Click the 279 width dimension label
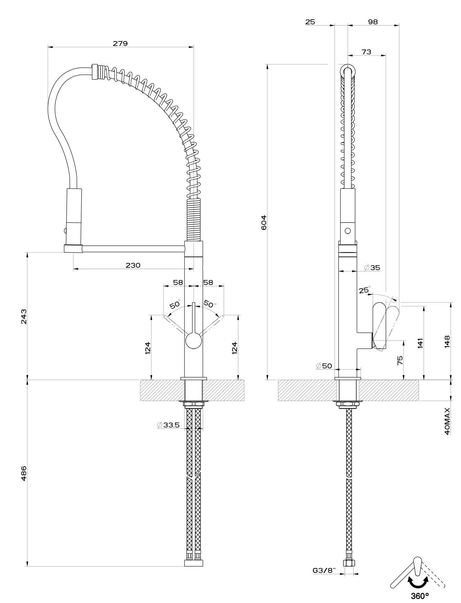pyautogui.click(x=120, y=43)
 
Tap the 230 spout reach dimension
pyautogui.click(x=133, y=265)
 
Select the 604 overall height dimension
pyautogui.click(x=264, y=222)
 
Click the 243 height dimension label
pyautogui.click(x=24, y=317)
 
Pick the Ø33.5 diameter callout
pyautogui.click(x=168, y=425)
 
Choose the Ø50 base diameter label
pyautogui.click(x=324, y=366)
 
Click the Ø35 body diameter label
pyautogui.click(x=372, y=268)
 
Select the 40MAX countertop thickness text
pyautogui.click(x=447, y=421)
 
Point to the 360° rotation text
pyautogui.click(x=420, y=595)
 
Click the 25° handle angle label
pyautogui.click(x=364, y=290)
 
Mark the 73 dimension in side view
pyautogui.click(x=367, y=52)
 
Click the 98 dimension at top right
pyautogui.click(x=373, y=22)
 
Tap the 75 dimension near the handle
pyautogui.click(x=400, y=360)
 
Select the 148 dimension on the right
pyautogui.click(x=447, y=341)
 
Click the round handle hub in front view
pyautogui.click(x=194, y=340)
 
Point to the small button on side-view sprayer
pyautogui.click(x=348, y=231)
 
